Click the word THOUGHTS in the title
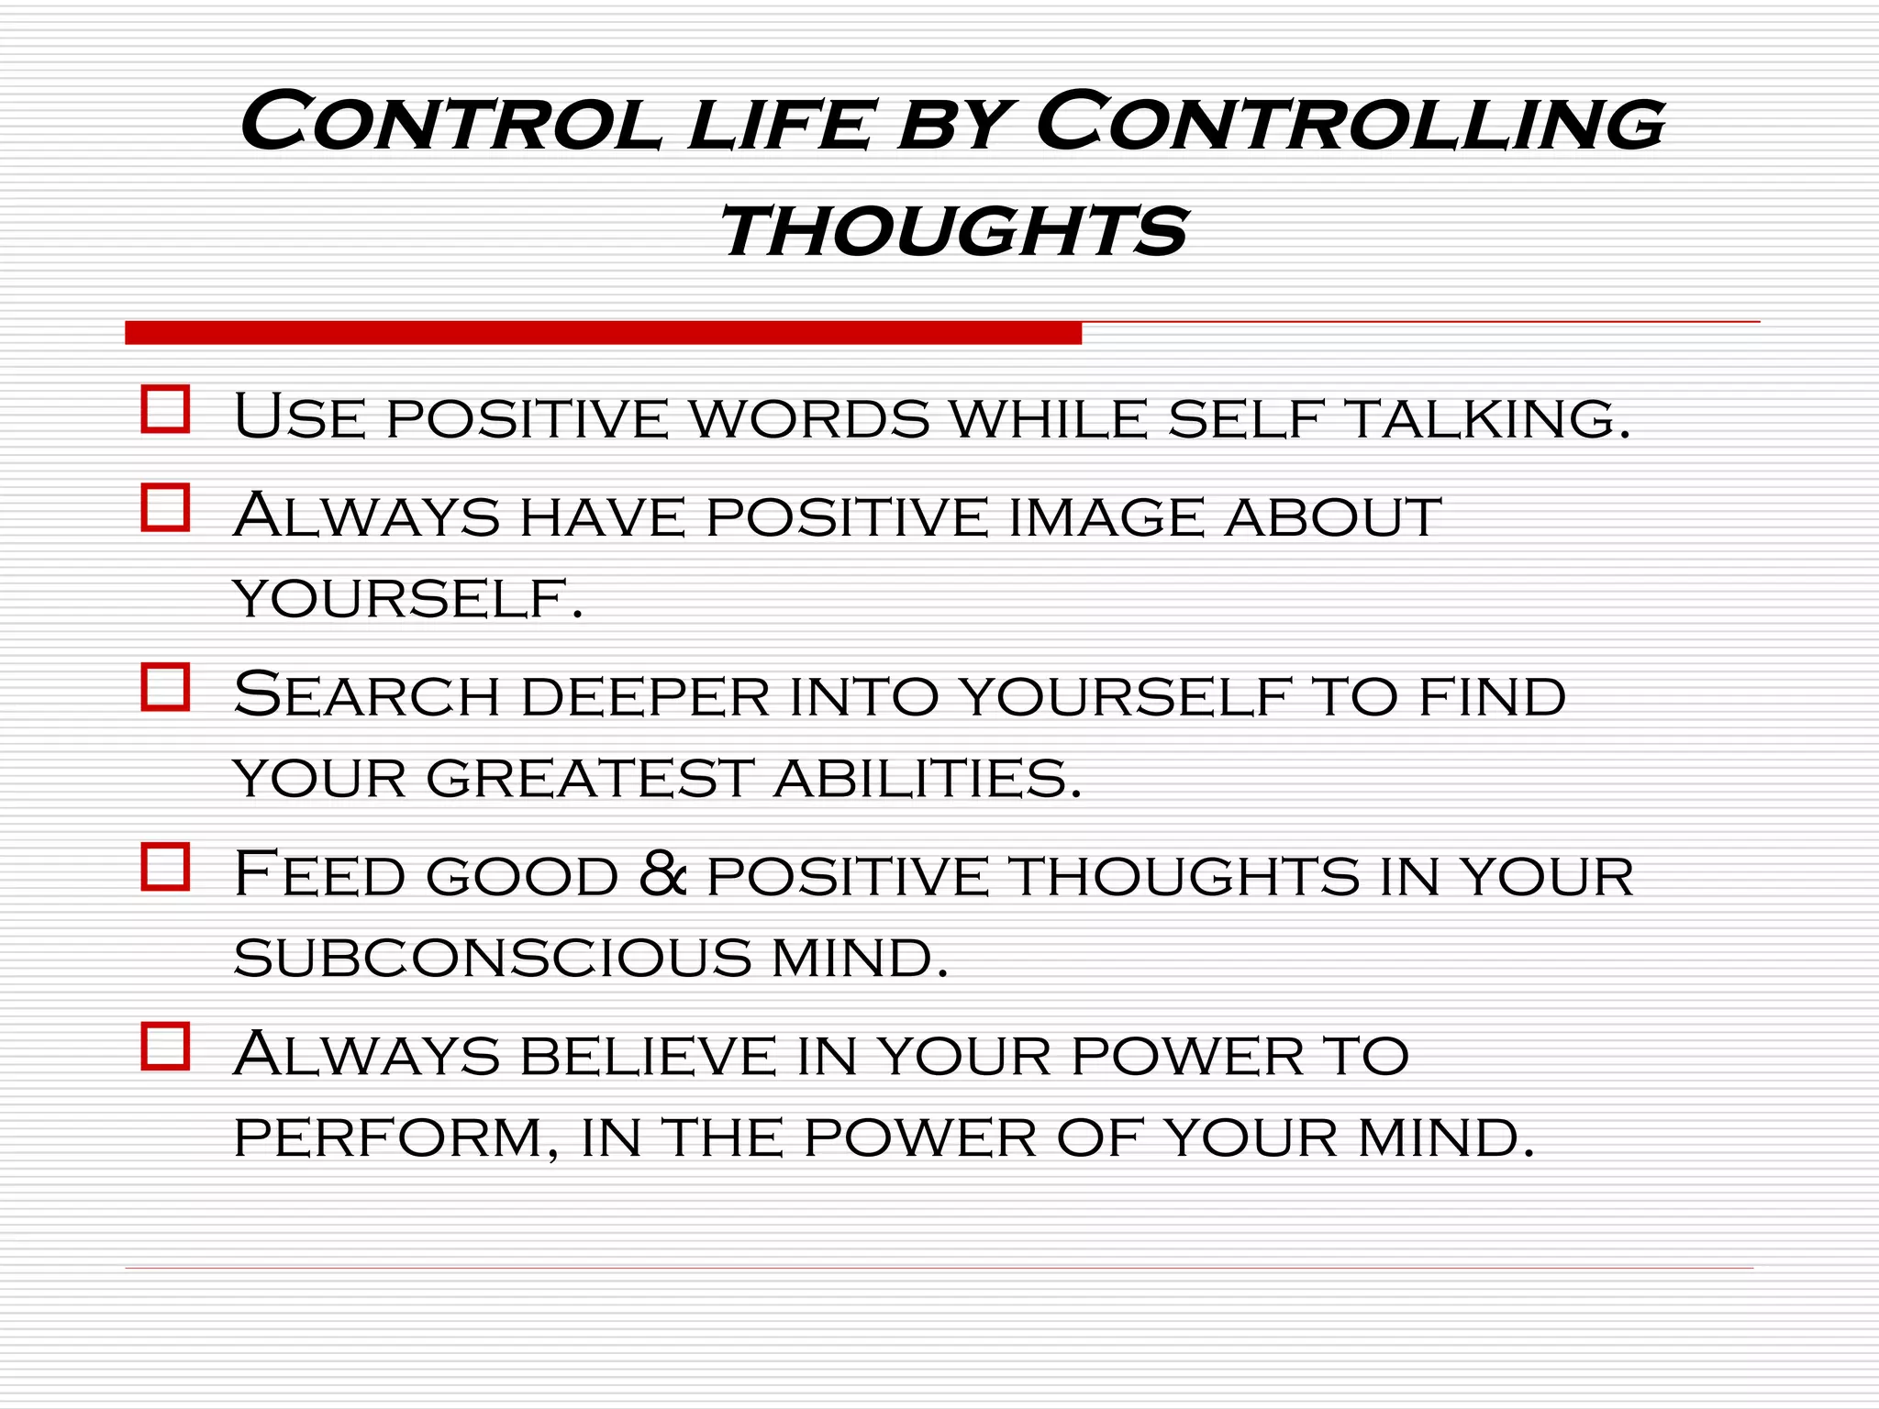pyautogui.click(x=954, y=231)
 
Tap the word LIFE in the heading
pyautogui.click(x=779, y=125)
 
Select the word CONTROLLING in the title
pyautogui.click(x=1350, y=123)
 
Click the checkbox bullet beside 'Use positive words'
pyautogui.click(x=165, y=409)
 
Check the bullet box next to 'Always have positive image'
pyautogui.click(x=165, y=507)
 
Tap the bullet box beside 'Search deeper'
pyautogui.click(x=165, y=687)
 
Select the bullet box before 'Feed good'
pyautogui.click(x=165, y=867)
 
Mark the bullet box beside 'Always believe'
pyautogui.click(x=165, y=1047)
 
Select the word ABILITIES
pyautogui.click(x=928, y=779)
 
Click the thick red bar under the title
pyautogui.click(x=603, y=333)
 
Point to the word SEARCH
pyautogui.click(x=367, y=695)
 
